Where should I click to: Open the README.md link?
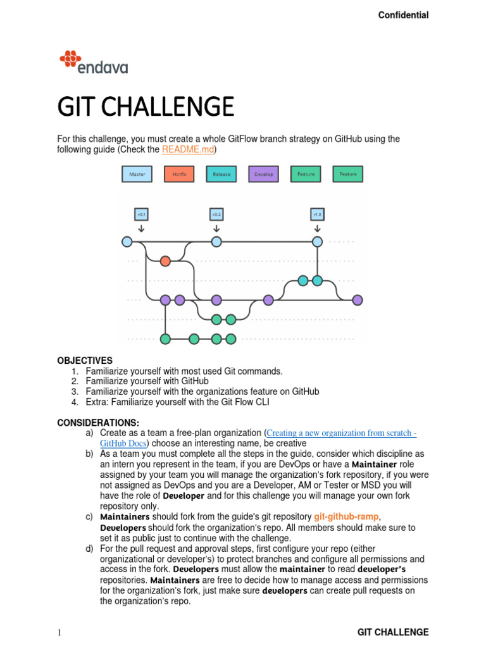pos(189,149)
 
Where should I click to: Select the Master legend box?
pos(137,174)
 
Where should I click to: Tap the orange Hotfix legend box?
pos(180,174)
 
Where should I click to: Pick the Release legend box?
pos(221,174)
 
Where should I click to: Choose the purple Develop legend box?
pos(264,174)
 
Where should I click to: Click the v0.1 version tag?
pos(141,215)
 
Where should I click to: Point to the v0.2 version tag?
pos(216,215)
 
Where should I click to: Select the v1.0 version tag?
pos(317,215)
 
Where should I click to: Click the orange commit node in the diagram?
pos(165,261)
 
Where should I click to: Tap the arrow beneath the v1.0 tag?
pos(317,228)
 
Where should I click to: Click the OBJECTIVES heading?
pos(85,360)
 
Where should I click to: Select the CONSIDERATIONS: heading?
pos(99,422)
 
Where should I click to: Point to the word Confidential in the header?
pos(403,15)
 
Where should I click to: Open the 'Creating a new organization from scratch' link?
pos(342,433)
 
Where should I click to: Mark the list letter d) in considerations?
pos(90,549)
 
